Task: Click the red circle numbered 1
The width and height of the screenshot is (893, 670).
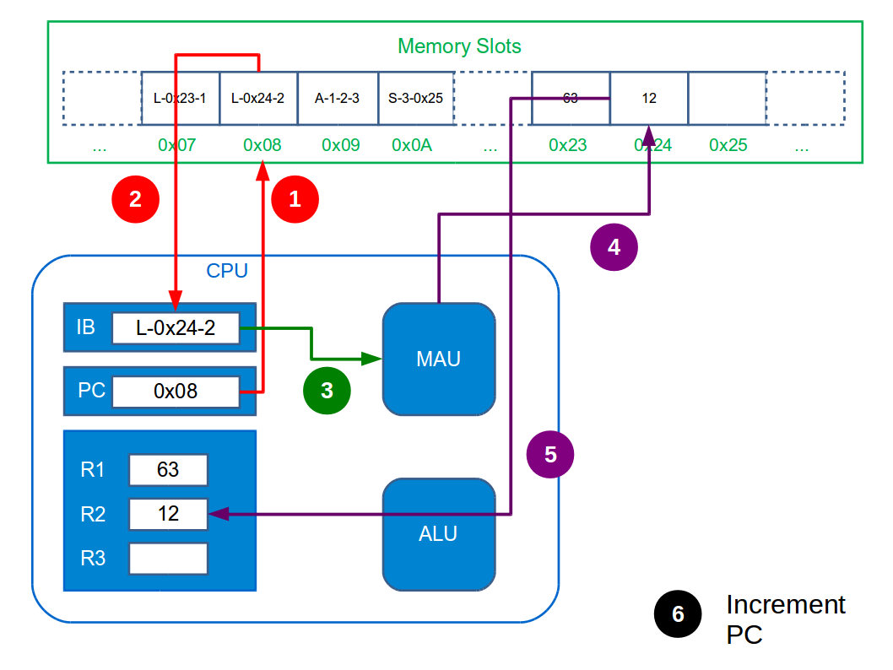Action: point(295,199)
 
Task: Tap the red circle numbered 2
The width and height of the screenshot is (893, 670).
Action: point(135,199)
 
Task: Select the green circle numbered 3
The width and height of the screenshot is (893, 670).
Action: point(327,391)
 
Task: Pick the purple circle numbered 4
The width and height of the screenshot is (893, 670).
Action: point(614,247)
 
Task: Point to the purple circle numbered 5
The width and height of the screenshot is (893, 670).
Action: point(550,455)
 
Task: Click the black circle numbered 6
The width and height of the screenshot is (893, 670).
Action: point(678,614)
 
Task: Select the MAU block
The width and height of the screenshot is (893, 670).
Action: point(438,359)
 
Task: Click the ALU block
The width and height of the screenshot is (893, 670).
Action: point(438,534)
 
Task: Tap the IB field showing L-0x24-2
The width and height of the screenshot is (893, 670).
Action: point(176,328)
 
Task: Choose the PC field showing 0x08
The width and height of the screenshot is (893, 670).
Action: point(176,392)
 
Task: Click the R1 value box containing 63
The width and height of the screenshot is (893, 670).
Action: point(168,470)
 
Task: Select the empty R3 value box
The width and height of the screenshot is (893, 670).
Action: point(168,558)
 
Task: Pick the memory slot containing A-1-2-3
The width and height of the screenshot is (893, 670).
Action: point(338,98)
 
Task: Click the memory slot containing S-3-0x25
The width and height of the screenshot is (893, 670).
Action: point(416,98)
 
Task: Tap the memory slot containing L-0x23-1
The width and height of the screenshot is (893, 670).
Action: point(180,98)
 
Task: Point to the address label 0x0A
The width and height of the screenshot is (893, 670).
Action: point(412,145)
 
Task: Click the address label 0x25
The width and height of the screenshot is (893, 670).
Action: point(728,145)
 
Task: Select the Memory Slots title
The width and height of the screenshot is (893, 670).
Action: point(459,46)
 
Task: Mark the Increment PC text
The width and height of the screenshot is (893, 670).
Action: point(785,619)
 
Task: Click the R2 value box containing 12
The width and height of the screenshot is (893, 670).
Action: point(168,514)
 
